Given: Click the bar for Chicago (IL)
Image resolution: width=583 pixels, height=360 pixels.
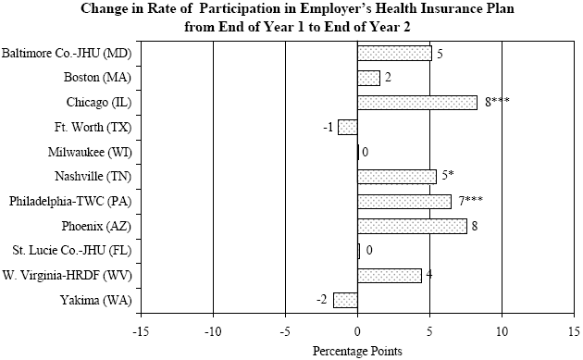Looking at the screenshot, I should [417, 102].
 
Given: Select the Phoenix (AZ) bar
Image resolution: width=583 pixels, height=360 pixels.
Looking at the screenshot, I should [412, 226].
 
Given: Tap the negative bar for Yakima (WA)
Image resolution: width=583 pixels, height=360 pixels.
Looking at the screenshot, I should [345, 300].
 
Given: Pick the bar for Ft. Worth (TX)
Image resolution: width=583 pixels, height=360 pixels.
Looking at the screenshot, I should [348, 127].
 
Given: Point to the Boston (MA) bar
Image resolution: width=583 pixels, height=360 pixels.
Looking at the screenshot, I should [368, 78].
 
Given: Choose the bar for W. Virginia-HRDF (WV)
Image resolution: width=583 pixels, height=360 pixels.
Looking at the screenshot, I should [390, 275].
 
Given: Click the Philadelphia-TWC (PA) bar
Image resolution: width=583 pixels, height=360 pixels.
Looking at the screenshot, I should [404, 201].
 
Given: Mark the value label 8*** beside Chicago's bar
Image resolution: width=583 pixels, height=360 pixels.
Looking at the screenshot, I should [497, 102].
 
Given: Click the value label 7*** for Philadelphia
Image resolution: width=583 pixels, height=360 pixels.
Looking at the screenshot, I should [470, 201].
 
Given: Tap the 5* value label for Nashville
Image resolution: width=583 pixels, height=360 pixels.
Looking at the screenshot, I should [449, 176].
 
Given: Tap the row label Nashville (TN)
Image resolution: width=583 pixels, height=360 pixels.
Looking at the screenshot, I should [96, 176].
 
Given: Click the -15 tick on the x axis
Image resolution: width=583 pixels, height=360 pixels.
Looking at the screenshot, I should [142, 330].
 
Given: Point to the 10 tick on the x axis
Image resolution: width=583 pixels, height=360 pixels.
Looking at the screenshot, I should [502, 330].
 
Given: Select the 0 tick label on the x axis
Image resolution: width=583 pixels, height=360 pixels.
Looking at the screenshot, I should [358, 330].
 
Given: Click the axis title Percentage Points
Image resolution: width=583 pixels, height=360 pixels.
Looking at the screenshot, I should [357, 351].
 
